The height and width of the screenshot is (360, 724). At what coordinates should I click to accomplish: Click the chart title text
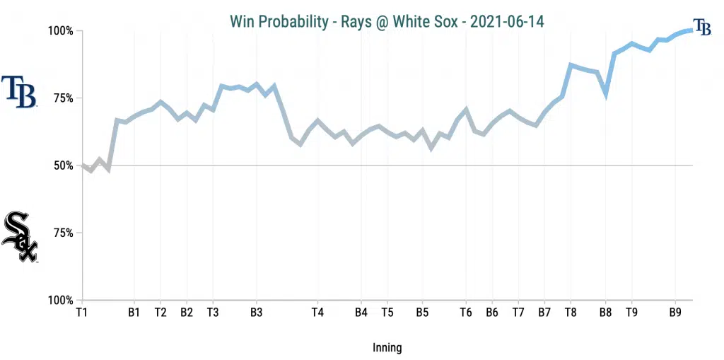click(387, 21)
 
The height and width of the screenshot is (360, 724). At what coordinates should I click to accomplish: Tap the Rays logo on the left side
click(19, 92)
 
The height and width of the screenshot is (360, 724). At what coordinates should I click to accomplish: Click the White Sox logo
click(19, 236)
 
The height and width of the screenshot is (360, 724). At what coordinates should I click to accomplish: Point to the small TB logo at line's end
click(702, 27)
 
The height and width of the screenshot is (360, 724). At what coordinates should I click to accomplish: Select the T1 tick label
click(82, 312)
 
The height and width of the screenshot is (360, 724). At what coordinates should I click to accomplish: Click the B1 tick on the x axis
click(134, 312)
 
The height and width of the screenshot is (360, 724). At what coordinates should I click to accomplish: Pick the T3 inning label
click(213, 312)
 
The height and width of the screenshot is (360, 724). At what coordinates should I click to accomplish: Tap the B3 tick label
click(257, 312)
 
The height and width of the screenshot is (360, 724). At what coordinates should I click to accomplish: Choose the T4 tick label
click(317, 312)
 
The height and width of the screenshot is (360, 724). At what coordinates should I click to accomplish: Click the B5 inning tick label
click(422, 312)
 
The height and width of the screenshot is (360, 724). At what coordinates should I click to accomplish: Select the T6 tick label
click(466, 312)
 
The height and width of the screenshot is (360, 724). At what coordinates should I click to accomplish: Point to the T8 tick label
click(571, 312)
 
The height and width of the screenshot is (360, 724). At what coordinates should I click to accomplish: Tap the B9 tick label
click(675, 312)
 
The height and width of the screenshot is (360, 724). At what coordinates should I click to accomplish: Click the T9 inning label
click(631, 312)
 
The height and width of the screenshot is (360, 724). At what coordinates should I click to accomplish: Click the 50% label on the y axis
click(62, 166)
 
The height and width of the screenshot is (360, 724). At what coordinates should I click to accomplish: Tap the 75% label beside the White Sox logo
click(62, 233)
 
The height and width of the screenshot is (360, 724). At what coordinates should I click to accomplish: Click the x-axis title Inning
click(387, 347)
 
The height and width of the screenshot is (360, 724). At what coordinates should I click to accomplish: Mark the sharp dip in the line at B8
click(606, 93)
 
